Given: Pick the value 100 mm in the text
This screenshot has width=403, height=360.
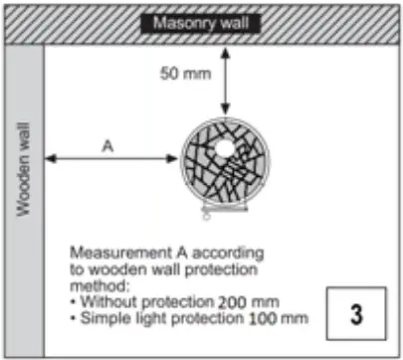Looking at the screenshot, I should coord(282,318).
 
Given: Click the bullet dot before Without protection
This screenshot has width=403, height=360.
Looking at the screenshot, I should coord(74,300).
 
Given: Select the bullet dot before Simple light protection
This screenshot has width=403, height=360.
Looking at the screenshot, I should coord(74,318).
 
